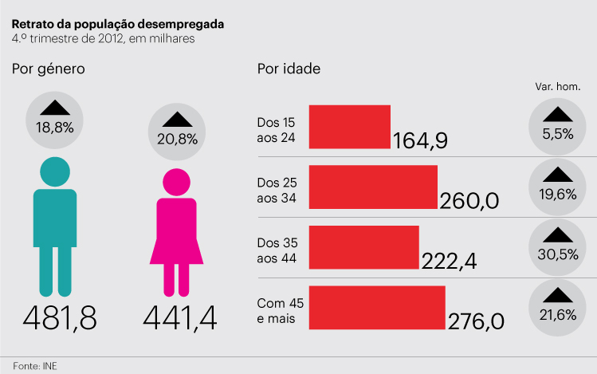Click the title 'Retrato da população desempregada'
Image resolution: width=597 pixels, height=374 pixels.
point(117,24)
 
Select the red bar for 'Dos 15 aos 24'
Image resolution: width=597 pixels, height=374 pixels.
point(349,127)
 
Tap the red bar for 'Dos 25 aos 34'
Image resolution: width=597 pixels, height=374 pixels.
point(373,187)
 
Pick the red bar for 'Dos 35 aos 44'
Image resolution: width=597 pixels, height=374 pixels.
point(363,247)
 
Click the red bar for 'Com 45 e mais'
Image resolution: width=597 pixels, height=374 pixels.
point(376,307)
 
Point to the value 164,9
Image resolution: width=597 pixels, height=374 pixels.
point(420,141)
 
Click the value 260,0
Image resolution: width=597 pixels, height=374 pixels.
point(469,201)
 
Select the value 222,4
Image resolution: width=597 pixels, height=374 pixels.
point(448,261)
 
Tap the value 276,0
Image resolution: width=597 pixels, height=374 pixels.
point(476,321)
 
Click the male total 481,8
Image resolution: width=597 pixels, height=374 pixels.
point(60,318)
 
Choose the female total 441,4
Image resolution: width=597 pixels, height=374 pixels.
point(180,318)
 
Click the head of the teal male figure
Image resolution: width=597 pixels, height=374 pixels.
point(54,172)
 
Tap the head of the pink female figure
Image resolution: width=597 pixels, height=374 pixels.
point(176,182)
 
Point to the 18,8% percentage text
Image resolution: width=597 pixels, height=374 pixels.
point(54,128)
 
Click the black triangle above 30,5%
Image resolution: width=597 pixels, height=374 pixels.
point(558,234)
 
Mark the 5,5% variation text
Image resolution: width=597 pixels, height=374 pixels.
point(558,134)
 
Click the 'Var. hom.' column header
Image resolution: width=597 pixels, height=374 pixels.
point(557,86)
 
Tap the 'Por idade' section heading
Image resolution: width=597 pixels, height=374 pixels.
point(289,69)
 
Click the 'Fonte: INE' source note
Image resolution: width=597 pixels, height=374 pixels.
point(34,365)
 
